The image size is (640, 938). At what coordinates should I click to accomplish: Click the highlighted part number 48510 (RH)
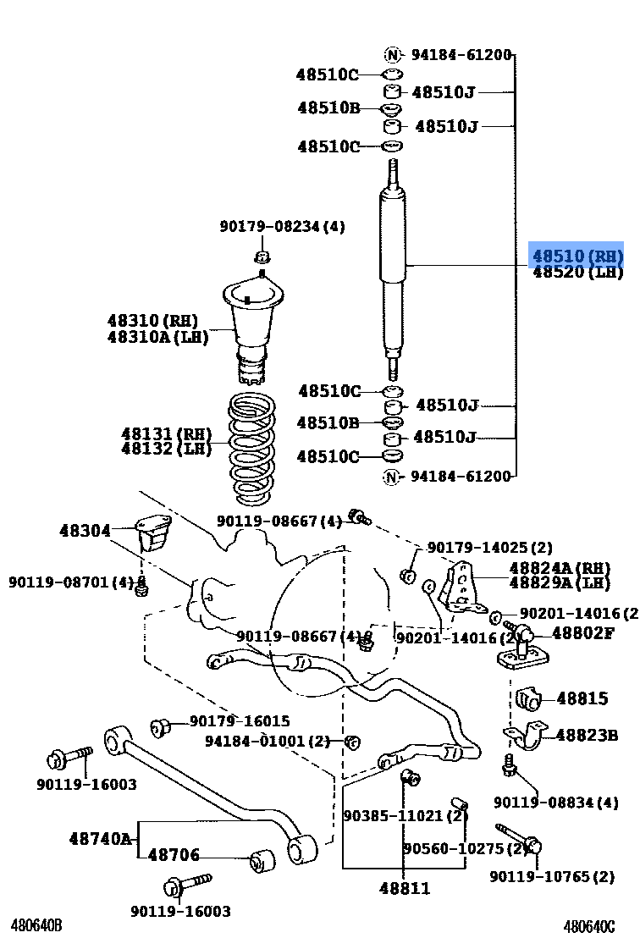577,256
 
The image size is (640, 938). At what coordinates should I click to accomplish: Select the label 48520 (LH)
577,273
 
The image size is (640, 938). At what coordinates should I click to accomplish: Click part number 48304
85,531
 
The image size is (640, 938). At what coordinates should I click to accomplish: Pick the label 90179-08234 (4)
282,226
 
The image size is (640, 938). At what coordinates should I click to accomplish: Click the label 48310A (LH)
157,337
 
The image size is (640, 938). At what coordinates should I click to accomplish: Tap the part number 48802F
582,632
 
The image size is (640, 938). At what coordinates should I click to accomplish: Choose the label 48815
582,698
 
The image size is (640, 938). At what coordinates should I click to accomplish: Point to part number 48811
404,888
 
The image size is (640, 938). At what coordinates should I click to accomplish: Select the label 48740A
100,839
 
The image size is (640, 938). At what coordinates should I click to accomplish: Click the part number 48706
174,856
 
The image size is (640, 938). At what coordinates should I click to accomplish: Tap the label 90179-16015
239,721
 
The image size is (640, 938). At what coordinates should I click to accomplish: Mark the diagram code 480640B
36,925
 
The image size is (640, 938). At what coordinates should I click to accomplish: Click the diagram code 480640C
589,925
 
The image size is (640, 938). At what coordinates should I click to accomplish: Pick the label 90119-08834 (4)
555,802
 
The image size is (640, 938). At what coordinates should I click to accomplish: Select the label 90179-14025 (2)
489,548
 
